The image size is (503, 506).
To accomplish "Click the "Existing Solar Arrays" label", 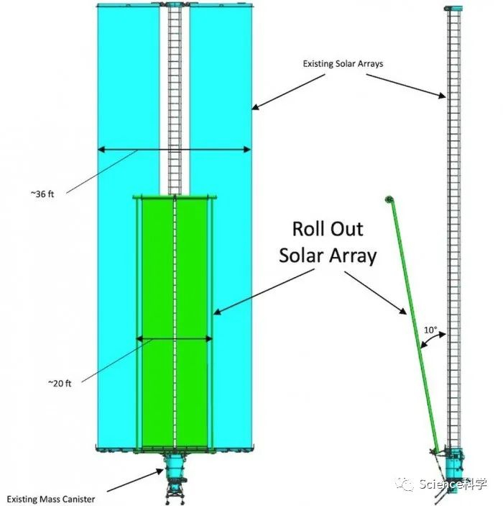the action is click(343, 64).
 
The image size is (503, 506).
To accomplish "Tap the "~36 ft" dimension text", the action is click(42, 194).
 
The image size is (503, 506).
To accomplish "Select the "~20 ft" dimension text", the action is click(60, 383).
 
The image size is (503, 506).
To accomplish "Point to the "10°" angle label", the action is click(430, 330).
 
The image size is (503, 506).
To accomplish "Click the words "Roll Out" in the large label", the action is click(328, 229).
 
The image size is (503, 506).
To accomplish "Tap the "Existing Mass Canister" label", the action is click(51, 500).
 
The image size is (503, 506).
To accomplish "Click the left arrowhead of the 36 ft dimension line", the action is click(101, 150).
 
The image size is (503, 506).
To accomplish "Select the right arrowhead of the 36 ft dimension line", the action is click(247, 150).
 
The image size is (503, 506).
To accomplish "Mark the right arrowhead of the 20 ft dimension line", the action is click(209, 339).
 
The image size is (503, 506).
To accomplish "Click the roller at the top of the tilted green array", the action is click(389, 199).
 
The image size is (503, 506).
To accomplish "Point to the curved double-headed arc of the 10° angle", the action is click(433, 340).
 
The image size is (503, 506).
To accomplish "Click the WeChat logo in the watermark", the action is click(405, 484).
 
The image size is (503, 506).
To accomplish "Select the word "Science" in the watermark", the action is click(440, 484).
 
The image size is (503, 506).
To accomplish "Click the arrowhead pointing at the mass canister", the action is click(160, 471).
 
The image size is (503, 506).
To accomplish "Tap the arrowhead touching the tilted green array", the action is click(403, 311).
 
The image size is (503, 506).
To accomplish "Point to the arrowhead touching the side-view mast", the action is click(442, 95).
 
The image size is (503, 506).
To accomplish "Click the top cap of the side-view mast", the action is click(453, 9).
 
